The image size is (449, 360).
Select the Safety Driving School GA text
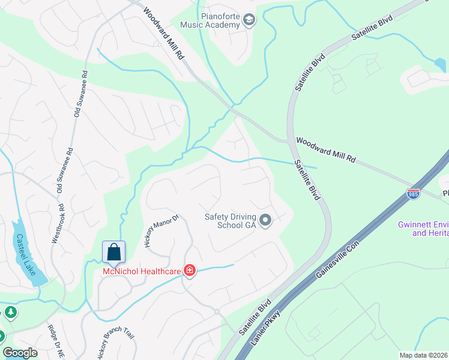(x=231, y=221)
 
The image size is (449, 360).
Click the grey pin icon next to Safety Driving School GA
(x=266, y=221)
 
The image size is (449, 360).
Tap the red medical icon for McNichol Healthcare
(x=190, y=271)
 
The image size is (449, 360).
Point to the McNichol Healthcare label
(x=142, y=272)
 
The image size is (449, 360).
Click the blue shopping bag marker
(x=113, y=253)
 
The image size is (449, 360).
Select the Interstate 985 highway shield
(x=412, y=194)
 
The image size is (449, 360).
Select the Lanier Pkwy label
(x=268, y=334)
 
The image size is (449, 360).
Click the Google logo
(x=20, y=353)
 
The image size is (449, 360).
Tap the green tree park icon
(x=10, y=313)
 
